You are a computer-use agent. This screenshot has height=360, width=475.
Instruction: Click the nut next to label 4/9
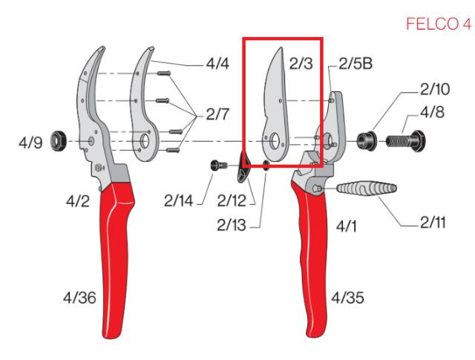[x=56, y=140]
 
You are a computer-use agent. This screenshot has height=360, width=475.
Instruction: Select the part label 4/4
[x=217, y=65]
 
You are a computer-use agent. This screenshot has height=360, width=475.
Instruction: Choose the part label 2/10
[x=435, y=90]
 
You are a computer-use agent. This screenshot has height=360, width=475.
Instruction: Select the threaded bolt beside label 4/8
[x=402, y=139]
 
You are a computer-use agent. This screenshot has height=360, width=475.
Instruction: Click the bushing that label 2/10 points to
[x=366, y=139]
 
